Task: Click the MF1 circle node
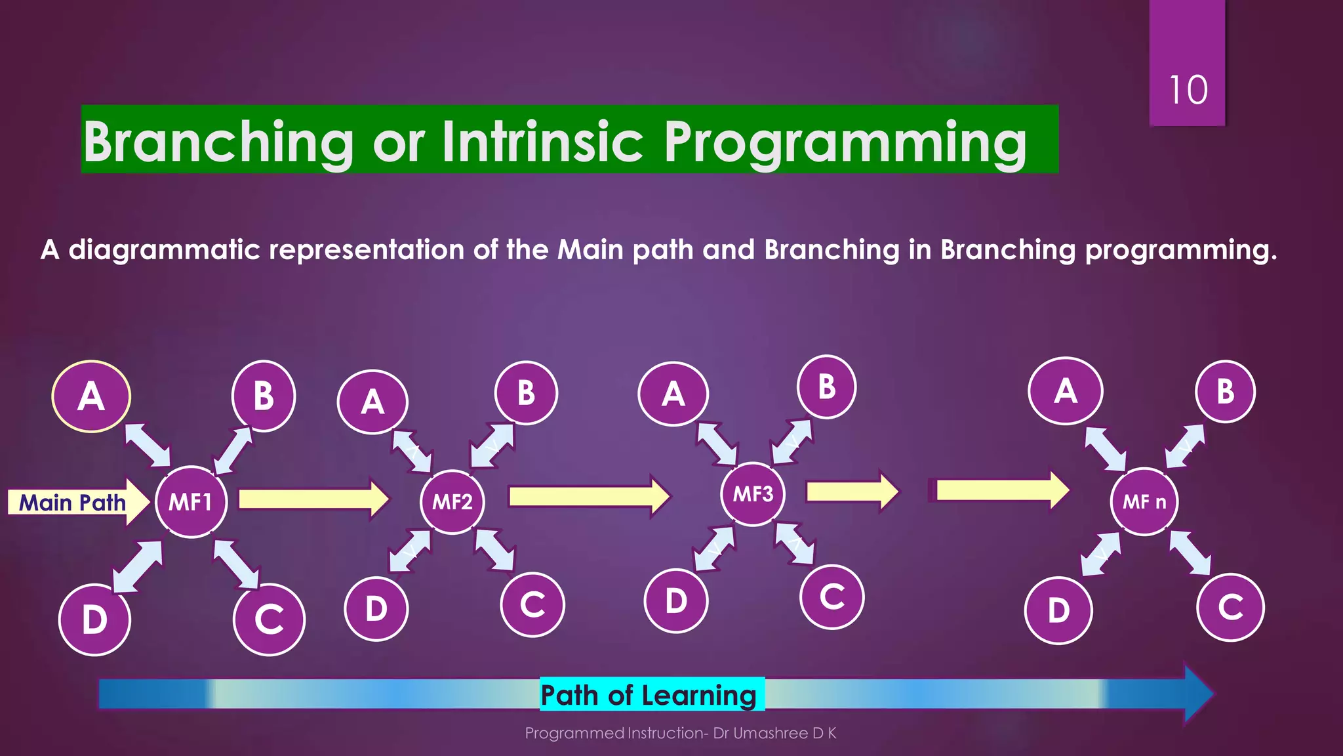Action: (x=191, y=502)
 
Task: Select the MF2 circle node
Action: (x=452, y=502)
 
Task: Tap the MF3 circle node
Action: (x=753, y=493)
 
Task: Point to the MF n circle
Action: (x=1144, y=502)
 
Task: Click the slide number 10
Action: (x=1188, y=90)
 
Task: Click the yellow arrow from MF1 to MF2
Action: (x=313, y=499)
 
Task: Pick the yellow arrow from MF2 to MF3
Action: (x=588, y=496)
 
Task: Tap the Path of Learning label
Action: (x=649, y=695)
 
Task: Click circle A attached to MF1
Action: (x=91, y=396)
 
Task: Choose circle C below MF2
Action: (x=532, y=604)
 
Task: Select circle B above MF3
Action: (x=826, y=387)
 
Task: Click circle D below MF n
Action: (x=1058, y=610)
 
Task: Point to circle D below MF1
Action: (x=94, y=619)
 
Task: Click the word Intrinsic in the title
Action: (x=542, y=140)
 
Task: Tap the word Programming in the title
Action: (x=845, y=142)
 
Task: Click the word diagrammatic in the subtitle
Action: (x=164, y=250)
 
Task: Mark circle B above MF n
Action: (x=1225, y=392)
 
